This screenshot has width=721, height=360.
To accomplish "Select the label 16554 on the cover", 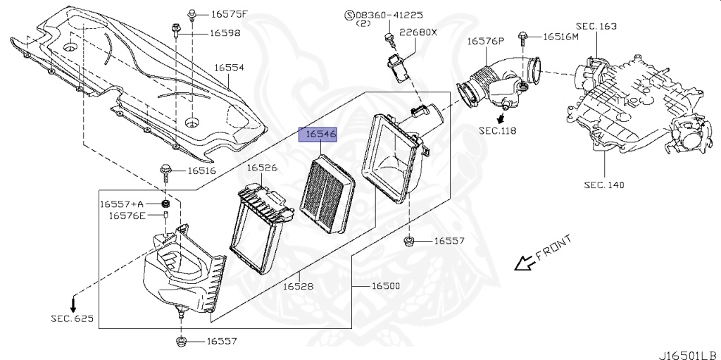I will point(229,68).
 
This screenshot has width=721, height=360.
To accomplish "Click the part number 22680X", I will point(418,32).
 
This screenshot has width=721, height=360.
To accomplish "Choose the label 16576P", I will point(486,42).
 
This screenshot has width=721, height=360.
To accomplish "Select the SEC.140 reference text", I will point(603,185).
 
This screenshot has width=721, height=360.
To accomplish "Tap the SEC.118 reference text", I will point(499,130).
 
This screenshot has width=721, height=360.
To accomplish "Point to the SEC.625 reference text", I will point(71,318).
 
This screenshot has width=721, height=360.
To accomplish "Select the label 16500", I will point(385,287).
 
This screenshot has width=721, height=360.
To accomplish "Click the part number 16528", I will point(299,287).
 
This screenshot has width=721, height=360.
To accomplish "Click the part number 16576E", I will point(127,216).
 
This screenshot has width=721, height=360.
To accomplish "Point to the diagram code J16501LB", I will point(689,352).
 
